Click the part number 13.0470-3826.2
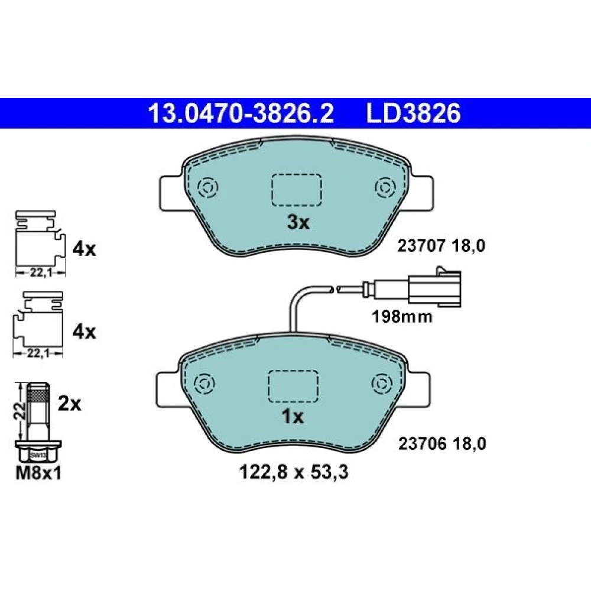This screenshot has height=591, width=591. coord(241,113)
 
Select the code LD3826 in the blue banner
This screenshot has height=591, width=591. coord(413,113)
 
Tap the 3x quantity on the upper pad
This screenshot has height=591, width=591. coord(298,222)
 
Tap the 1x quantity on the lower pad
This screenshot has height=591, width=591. coord(293,417)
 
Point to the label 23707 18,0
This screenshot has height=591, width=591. coord(441,246)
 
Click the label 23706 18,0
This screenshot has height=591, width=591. coord(442,444)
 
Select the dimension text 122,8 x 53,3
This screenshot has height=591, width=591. coord(294,472)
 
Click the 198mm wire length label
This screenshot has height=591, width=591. coord(402,317)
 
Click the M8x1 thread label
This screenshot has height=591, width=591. coord(38,473)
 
